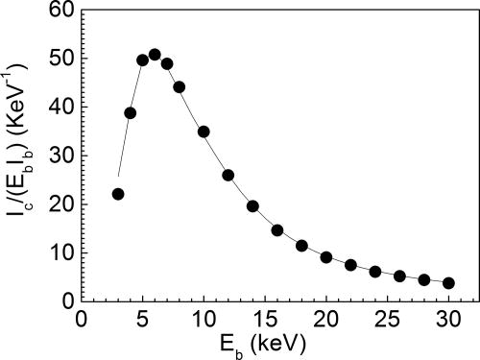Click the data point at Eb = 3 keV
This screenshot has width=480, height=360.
[x=118, y=194]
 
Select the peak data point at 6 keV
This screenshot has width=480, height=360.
[x=155, y=54]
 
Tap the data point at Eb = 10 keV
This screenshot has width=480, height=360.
[x=204, y=132]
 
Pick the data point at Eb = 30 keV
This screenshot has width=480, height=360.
[x=448, y=283]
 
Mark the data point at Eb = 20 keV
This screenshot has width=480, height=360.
[x=326, y=257]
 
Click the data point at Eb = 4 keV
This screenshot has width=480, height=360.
[x=131, y=112]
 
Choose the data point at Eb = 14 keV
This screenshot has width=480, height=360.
[x=252, y=206]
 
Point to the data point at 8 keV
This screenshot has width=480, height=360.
[x=179, y=86]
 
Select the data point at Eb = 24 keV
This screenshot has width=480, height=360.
[x=375, y=272]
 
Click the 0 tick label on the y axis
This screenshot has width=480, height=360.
[x=68, y=301]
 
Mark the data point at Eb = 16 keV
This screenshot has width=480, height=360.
[x=277, y=230]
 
